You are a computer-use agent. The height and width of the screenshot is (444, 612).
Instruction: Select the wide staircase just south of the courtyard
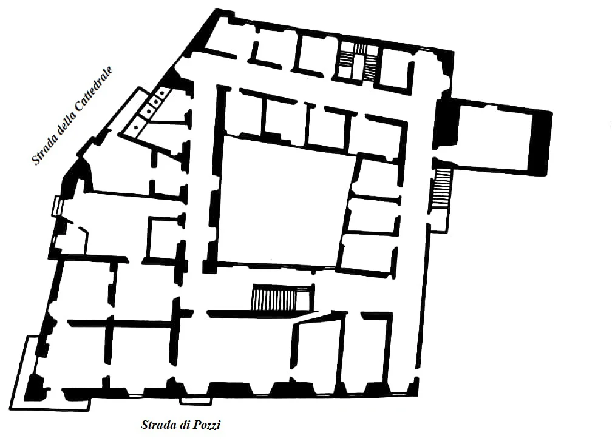274,297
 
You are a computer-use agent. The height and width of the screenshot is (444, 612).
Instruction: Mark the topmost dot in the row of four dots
161,93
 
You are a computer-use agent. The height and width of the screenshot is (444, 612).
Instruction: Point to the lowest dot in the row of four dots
135,127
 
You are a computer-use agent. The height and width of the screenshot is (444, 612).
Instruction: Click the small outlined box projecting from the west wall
57,206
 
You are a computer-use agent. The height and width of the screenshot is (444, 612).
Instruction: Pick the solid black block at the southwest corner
35,387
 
